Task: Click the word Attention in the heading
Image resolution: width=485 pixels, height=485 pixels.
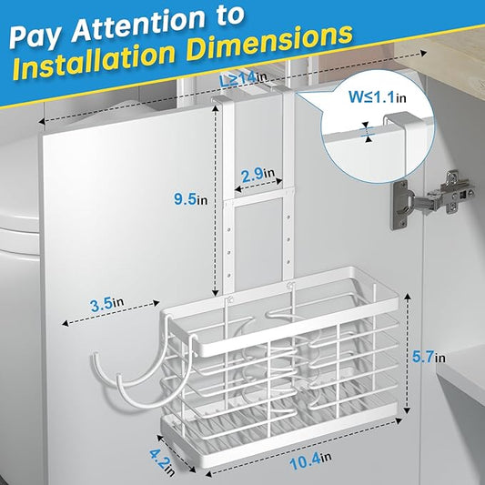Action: (x=138, y=25)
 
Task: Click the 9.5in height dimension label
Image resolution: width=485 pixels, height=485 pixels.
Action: (x=190, y=199)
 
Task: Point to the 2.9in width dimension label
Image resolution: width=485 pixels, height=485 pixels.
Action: (x=258, y=175)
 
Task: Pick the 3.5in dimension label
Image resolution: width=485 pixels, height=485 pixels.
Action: (x=106, y=304)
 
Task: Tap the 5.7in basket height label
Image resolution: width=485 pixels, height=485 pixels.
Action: (x=429, y=358)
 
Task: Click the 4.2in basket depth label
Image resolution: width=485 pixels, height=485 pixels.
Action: (x=162, y=462)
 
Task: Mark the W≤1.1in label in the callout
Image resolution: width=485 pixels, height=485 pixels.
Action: (x=378, y=97)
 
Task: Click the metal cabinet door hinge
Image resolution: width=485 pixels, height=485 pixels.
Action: (x=433, y=199)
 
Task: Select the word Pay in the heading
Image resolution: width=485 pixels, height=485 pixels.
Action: (x=38, y=37)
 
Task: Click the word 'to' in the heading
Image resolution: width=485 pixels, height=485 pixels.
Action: (x=228, y=15)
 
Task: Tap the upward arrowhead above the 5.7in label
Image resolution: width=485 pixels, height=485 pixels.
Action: (x=408, y=297)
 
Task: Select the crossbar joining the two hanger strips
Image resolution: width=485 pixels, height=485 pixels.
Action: (x=258, y=198)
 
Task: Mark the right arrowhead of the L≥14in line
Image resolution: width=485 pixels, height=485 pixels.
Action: (x=423, y=53)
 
